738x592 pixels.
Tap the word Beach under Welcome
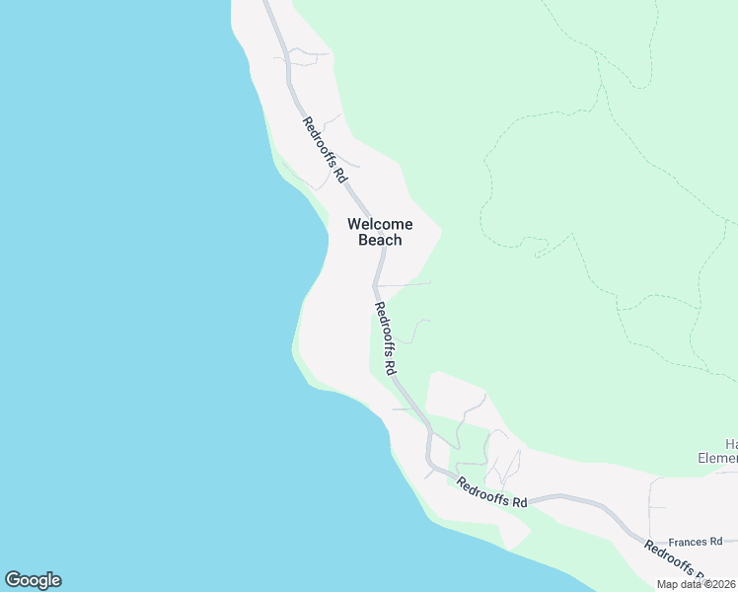tap(380, 240)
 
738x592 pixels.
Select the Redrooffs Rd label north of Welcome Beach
tap(325, 150)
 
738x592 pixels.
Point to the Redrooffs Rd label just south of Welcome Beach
tap(385, 338)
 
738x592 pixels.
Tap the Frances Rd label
tap(695, 542)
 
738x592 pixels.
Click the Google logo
tap(33, 580)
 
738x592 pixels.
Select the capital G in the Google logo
tap(13, 580)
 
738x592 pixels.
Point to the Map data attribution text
tap(697, 584)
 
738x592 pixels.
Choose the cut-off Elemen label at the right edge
tap(717, 458)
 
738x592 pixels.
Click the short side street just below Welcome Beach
tap(405, 284)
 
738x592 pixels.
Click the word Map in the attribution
tap(668, 584)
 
